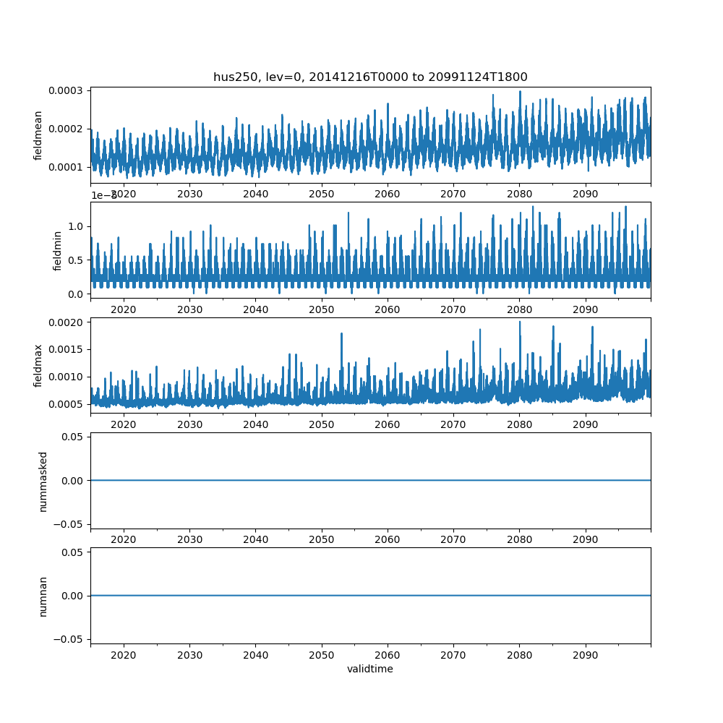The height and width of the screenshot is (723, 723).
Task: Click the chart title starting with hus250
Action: pos(370,77)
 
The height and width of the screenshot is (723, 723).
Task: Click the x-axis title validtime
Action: pos(370,669)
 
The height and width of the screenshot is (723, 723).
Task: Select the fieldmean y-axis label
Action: pos(38,135)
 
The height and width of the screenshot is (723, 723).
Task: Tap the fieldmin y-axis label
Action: pos(58,250)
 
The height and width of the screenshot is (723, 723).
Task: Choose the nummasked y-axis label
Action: pos(43,481)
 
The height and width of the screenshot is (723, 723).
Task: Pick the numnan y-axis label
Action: pos(43,596)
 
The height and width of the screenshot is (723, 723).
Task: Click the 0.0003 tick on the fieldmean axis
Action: pos(66,91)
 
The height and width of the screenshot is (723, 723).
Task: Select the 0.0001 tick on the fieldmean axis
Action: pos(66,167)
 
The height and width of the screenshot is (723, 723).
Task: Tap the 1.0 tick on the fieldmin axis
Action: pos(76,226)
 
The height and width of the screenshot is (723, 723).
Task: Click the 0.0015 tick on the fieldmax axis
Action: pos(66,349)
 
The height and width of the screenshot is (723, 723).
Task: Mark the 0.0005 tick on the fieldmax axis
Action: pos(66,403)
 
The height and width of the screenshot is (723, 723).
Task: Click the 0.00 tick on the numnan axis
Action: pos(74,596)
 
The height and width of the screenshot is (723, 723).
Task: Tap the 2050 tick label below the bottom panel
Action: pos(321,655)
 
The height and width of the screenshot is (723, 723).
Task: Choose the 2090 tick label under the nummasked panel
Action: pos(585,540)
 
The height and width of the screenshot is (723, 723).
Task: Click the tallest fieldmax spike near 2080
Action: pos(519,322)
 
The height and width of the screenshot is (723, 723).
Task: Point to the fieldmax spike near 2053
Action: pos(341,334)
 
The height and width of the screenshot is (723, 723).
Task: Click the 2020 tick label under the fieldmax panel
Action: pos(123,424)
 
